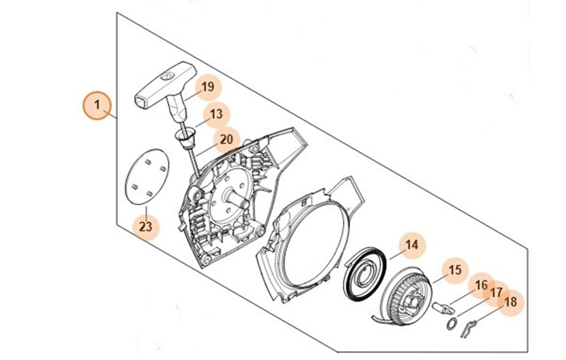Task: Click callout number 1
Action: [97, 105]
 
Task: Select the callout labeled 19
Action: [208, 87]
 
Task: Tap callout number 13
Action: [216, 114]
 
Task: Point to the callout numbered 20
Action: [226, 140]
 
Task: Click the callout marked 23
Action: [146, 226]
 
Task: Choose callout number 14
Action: [412, 245]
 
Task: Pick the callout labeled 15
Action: [454, 270]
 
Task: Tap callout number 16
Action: [481, 285]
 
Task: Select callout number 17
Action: [496, 293]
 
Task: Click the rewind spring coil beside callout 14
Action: [364, 273]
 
